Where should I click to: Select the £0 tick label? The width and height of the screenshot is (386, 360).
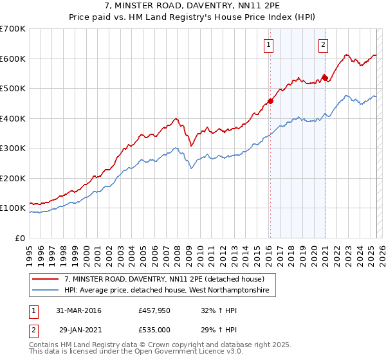tap(21, 238)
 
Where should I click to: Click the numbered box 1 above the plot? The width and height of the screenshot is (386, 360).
tap(268, 45)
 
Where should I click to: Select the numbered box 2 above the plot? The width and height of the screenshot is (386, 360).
tap(323, 45)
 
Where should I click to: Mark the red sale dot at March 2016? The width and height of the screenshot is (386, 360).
tap(270, 101)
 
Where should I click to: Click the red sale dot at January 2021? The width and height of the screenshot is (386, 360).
tap(325, 78)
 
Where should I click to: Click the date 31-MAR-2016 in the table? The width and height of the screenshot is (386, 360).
tap(78, 311)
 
